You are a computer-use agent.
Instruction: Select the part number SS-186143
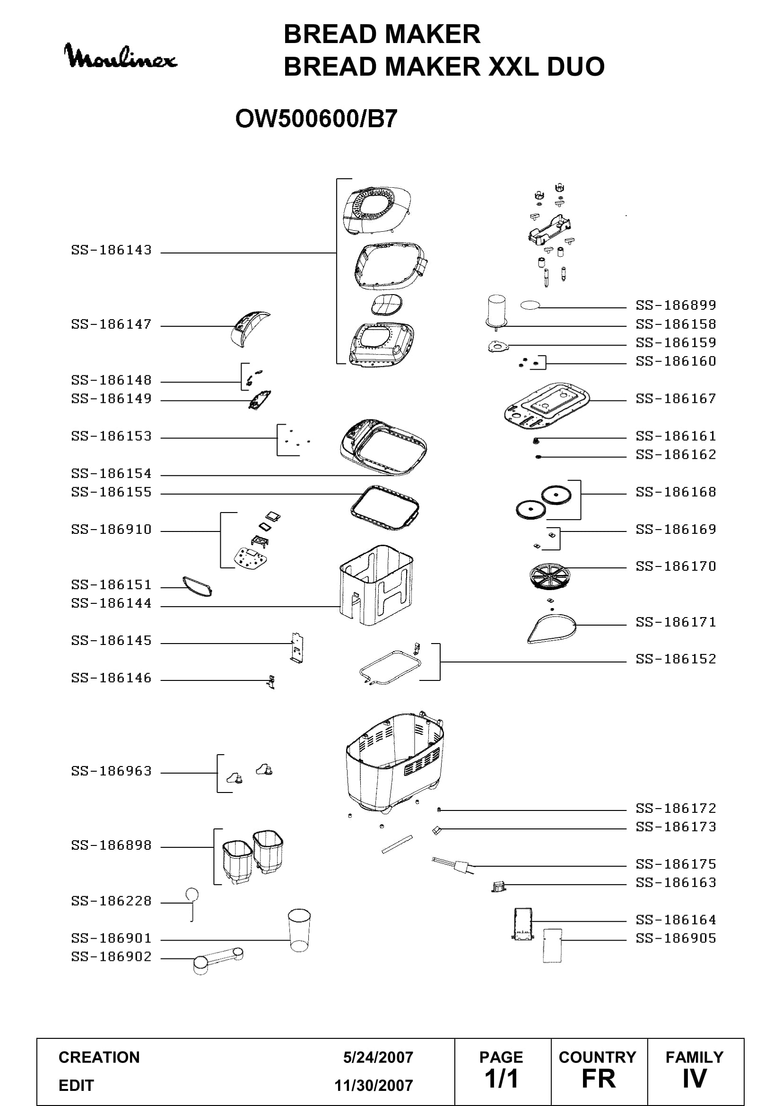(111, 250)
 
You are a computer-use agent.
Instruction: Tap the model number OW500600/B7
(316, 119)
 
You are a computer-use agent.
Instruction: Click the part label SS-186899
(676, 305)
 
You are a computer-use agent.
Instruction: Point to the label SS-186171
(676, 622)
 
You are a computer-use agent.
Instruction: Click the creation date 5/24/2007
(378, 1057)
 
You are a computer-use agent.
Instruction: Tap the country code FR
(599, 1079)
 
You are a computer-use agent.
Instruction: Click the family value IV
(695, 1079)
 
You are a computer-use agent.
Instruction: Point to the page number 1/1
(501, 1079)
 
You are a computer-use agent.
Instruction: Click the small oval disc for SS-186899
(530, 305)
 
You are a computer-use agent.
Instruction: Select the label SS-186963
(111, 771)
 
